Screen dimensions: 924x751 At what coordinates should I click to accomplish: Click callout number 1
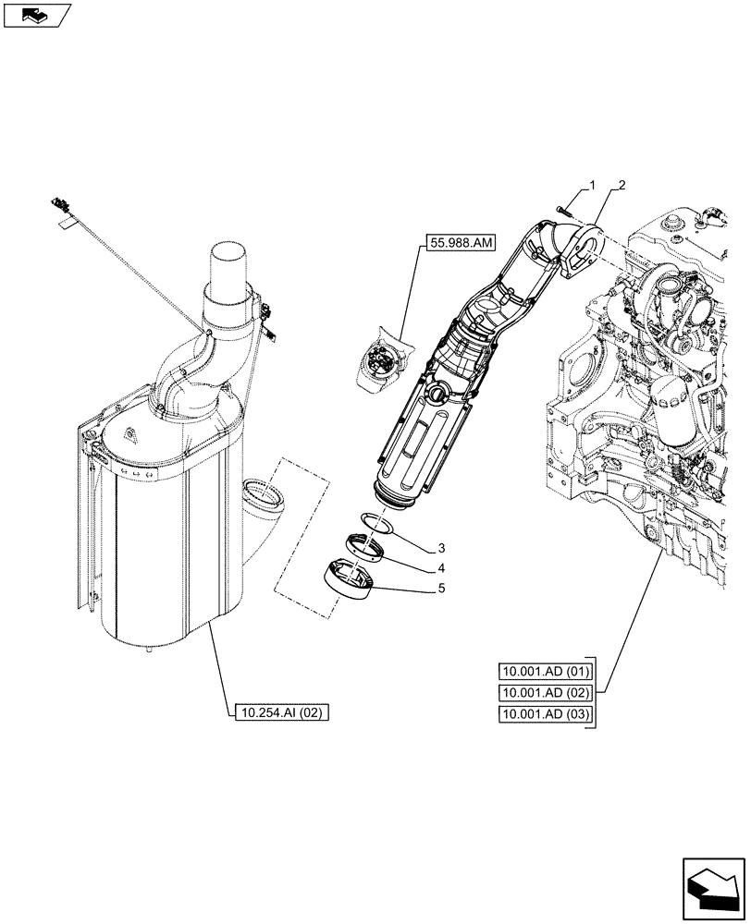593,188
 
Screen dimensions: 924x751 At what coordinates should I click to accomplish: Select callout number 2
621,186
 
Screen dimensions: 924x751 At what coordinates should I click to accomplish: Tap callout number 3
442,548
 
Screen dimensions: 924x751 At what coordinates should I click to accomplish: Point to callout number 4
442,567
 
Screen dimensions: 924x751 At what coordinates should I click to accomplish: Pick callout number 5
442,587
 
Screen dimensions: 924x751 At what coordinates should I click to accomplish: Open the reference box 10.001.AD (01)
546,672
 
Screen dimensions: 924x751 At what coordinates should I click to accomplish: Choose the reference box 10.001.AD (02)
546,693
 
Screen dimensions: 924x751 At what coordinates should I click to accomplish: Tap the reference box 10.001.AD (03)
546,714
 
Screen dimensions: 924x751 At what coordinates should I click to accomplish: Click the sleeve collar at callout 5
349,580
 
